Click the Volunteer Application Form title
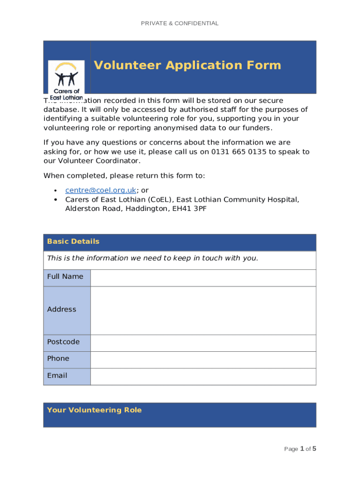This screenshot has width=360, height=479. point(187,65)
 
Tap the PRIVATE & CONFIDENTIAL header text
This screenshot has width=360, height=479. point(180,23)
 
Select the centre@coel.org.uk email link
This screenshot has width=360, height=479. point(101,190)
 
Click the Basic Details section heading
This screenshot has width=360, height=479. point(73,241)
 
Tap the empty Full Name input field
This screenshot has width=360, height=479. point(203,278)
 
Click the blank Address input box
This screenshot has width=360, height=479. point(203,311)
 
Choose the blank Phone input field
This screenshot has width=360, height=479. point(203,360)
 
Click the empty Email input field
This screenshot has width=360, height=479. point(203,377)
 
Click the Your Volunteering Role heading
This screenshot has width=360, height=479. point(94,410)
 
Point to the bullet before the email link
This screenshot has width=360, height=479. point(56,190)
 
